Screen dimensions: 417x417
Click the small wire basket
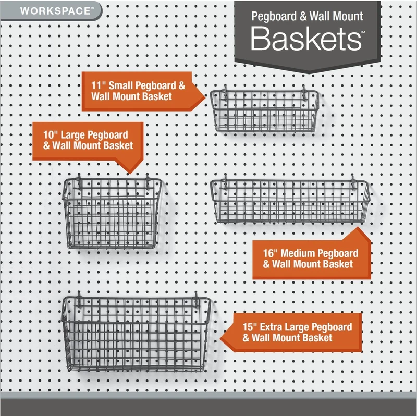click(264, 110)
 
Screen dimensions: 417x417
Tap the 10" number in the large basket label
click(50, 134)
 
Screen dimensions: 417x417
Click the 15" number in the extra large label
click(250, 327)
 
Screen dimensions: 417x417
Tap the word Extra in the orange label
click(274, 327)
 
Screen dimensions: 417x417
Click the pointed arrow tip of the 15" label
click(221, 334)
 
